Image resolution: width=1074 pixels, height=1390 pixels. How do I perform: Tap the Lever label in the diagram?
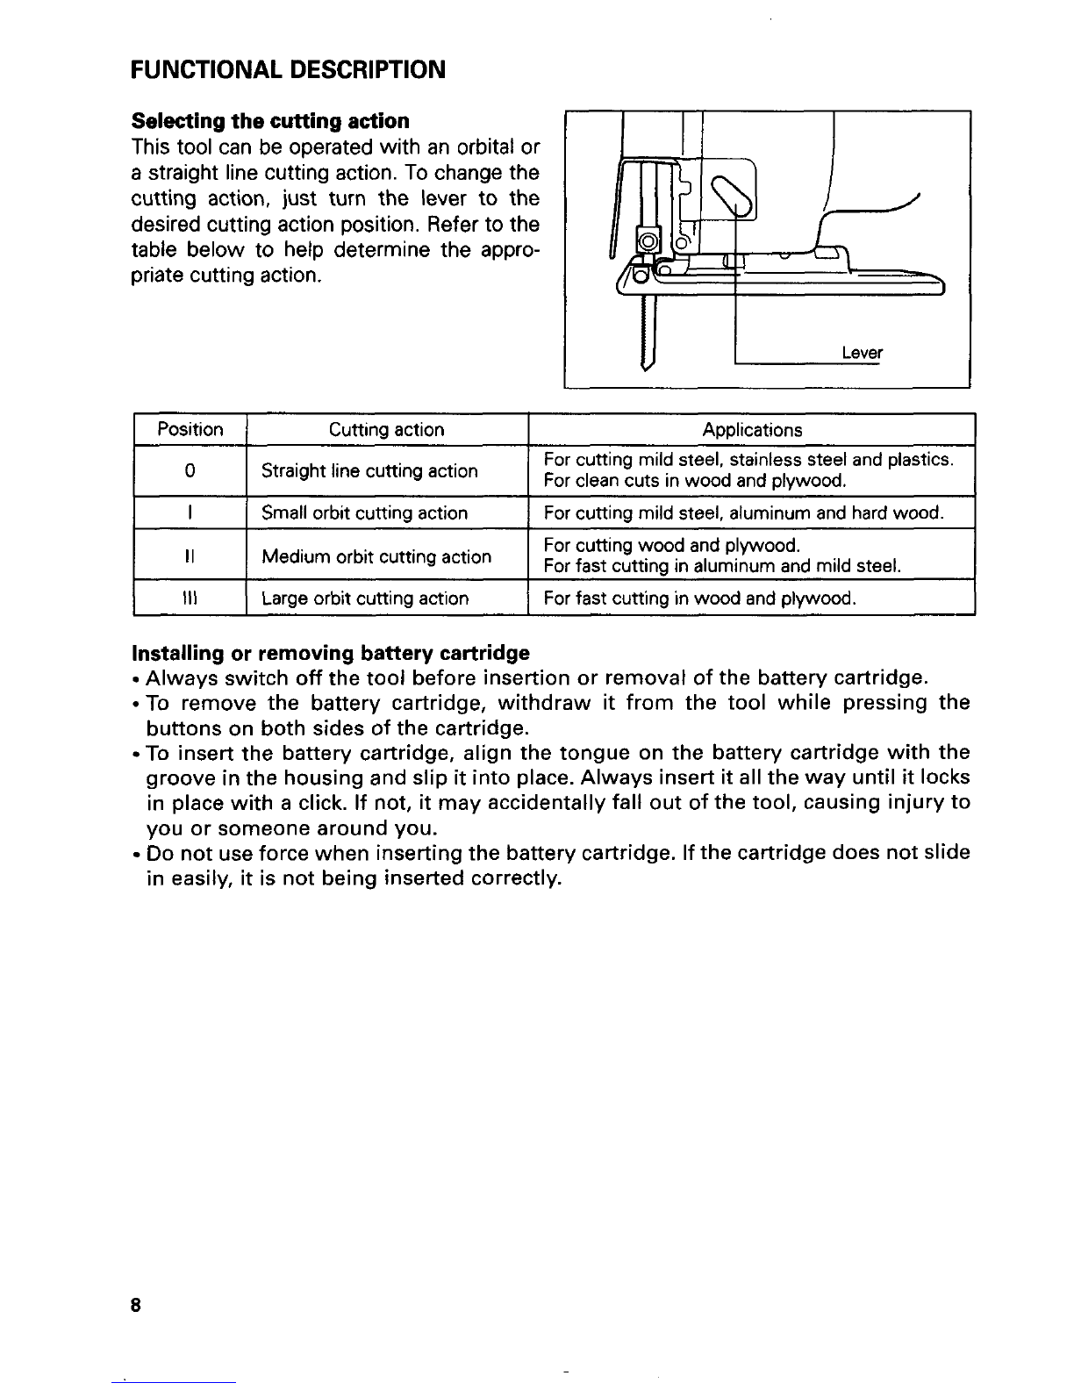pyautogui.click(x=861, y=354)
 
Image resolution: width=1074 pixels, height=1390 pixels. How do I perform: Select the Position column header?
pyautogui.click(x=190, y=430)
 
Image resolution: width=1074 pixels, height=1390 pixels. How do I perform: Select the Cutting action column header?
pyautogui.click(x=386, y=430)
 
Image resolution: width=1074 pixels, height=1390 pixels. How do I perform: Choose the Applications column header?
pyautogui.click(x=752, y=430)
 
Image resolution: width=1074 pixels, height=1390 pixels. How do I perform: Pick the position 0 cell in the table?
pyautogui.click(x=190, y=471)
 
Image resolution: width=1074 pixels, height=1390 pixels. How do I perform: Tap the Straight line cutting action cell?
pyautogui.click(x=369, y=471)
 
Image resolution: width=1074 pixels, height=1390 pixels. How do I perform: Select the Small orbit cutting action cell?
pyautogui.click(x=364, y=513)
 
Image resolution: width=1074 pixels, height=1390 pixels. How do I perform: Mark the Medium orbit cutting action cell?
pyautogui.click(x=376, y=556)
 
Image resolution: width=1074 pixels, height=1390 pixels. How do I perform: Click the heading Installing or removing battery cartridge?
pyautogui.click(x=330, y=654)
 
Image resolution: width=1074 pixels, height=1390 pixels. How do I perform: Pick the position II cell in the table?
pyautogui.click(x=190, y=556)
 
